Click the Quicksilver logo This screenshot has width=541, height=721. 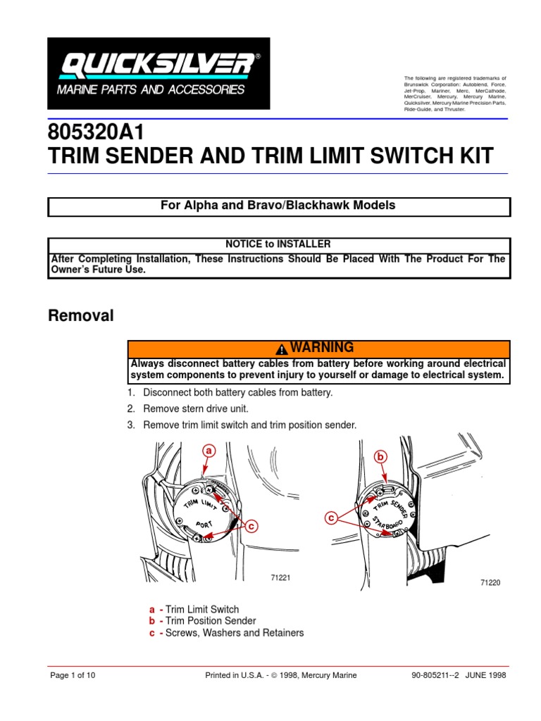[158, 73]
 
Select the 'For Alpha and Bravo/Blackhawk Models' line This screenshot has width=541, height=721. [278, 206]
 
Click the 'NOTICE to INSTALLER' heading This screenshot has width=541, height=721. [278, 244]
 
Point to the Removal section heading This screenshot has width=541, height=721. [80, 316]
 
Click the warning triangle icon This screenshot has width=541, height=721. [281, 349]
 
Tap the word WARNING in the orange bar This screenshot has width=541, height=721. [322, 348]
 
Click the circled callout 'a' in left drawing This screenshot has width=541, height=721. [208, 450]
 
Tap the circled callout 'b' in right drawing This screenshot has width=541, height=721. [381, 457]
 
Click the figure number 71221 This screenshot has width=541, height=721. [281, 578]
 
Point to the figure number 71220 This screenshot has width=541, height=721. [490, 584]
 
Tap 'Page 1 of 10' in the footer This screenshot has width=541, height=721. [73, 675]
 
